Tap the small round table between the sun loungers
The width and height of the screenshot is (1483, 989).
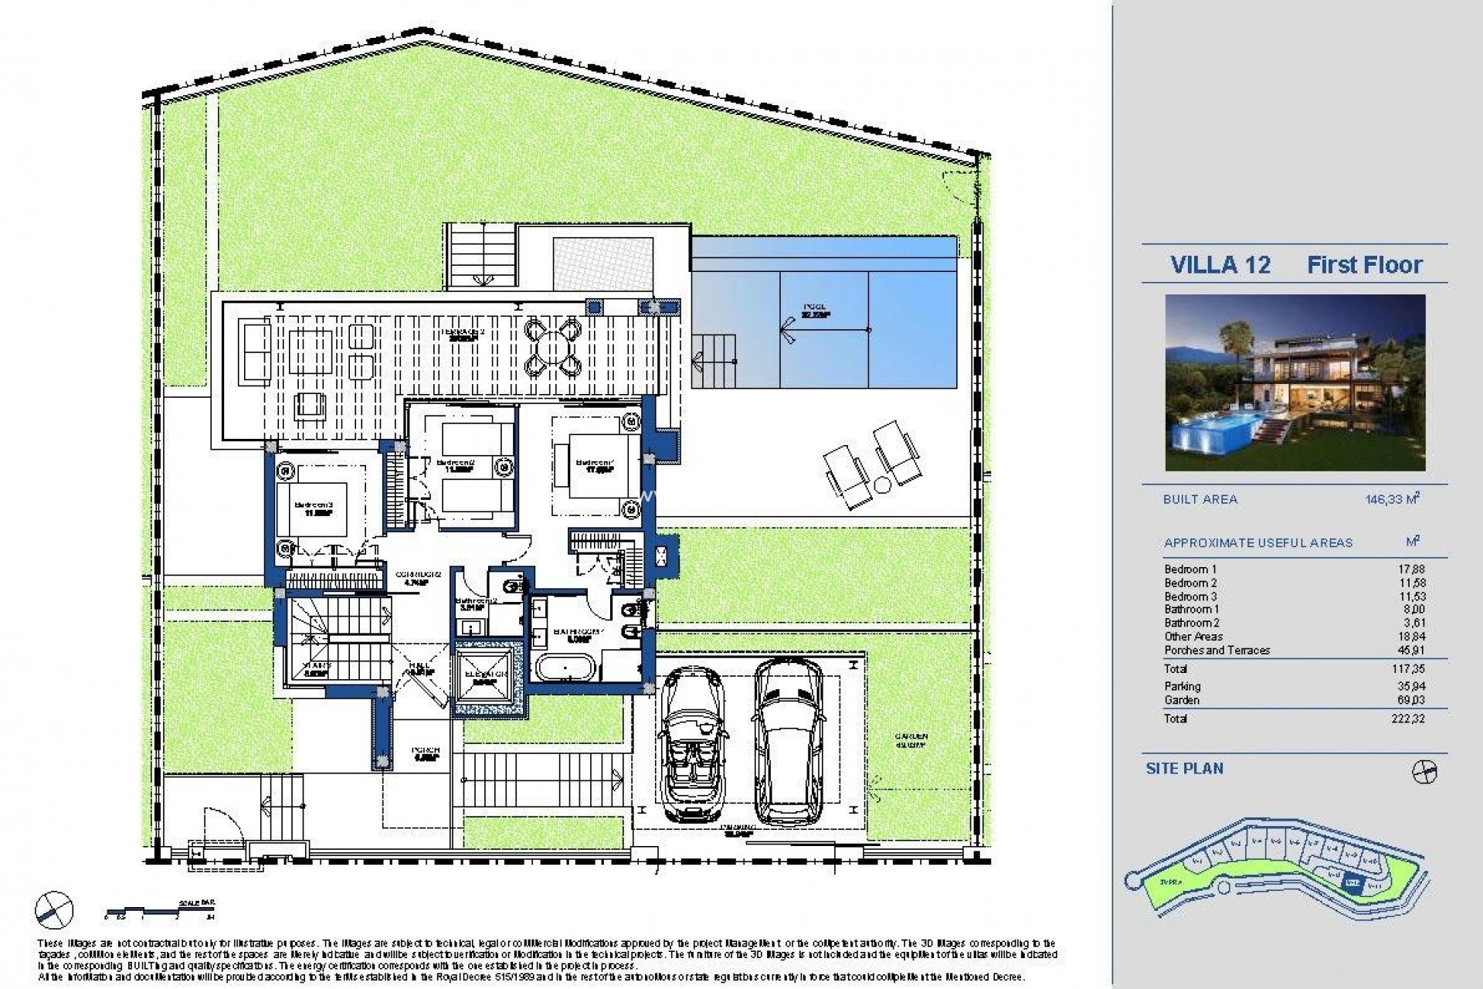click(x=882, y=484)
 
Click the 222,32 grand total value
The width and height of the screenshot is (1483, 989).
click(x=1410, y=719)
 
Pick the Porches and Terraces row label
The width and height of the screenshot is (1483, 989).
click(x=1217, y=650)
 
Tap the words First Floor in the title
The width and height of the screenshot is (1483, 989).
click(x=1364, y=265)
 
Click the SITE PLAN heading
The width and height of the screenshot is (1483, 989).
click(x=1185, y=768)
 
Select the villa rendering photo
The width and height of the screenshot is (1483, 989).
click(x=1295, y=382)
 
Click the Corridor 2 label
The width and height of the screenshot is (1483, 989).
click(x=418, y=578)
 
